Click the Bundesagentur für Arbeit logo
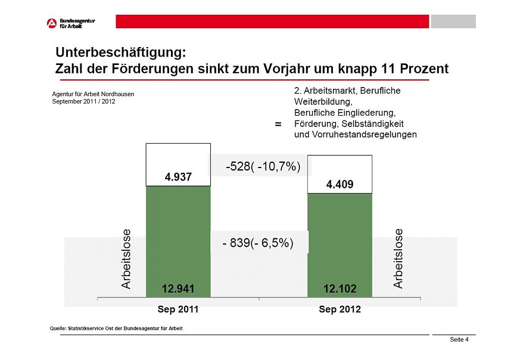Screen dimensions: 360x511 tap(70, 23)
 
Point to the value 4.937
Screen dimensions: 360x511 tap(178, 177)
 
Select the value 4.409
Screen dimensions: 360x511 tap(339, 185)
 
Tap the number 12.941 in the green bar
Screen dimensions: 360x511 tap(178, 289)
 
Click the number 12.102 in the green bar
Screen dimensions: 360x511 tap(339, 289)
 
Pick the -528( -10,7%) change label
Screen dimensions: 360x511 tap(263, 166)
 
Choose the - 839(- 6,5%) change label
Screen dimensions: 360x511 tap(258, 244)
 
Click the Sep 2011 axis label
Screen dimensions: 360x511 tap(178, 310)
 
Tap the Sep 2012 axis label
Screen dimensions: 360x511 tap(339, 310)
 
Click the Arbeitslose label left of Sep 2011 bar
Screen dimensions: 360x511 tap(126, 259)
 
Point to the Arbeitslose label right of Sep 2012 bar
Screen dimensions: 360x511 tap(398, 259)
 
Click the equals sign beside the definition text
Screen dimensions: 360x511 tap(278, 125)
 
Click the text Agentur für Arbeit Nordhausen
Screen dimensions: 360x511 tap(93, 94)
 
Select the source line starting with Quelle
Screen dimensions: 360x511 tap(117, 328)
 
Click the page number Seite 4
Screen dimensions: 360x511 tap(459, 340)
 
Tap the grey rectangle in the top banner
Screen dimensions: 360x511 tap(453, 21)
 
